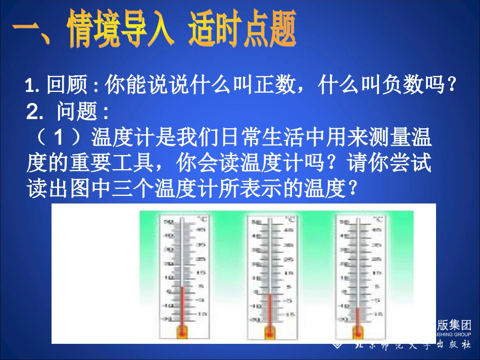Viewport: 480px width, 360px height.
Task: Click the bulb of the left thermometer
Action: (181, 332)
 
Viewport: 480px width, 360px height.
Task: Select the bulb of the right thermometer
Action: (358, 332)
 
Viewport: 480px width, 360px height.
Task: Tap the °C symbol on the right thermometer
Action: (378, 220)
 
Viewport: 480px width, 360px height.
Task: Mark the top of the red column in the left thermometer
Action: (181, 287)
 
